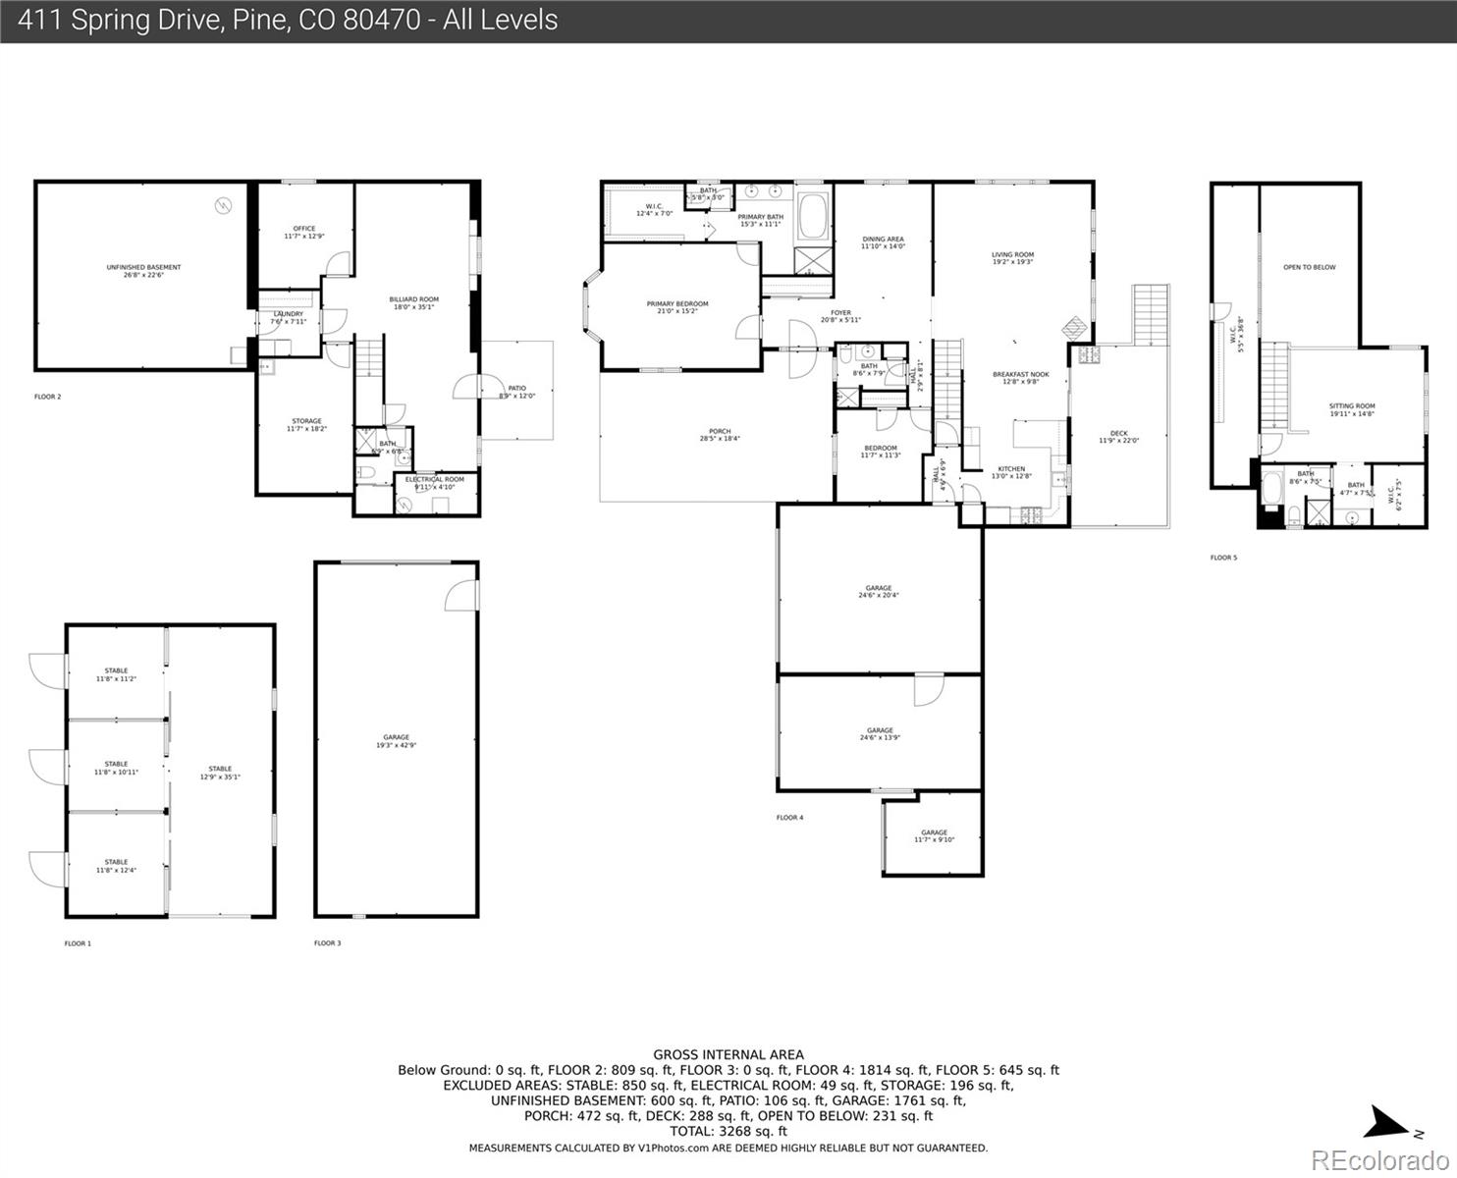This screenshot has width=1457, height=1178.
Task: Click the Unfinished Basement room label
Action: [143, 271]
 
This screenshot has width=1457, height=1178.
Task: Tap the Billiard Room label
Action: [413, 302]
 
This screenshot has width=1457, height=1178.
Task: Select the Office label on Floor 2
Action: [303, 233]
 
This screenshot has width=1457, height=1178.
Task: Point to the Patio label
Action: [516, 392]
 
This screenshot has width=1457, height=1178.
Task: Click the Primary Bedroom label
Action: [676, 307]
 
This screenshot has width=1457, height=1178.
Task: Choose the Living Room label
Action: [1012, 258]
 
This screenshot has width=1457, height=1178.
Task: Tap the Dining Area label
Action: [883, 242]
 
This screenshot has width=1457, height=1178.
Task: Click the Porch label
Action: [720, 435]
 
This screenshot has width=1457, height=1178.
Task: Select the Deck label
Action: [1118, 437]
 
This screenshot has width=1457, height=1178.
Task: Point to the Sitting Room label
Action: [1351, 409]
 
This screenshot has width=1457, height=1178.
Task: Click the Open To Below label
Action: [1309, 267]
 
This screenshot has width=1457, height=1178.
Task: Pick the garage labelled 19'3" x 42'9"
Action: [396, 741]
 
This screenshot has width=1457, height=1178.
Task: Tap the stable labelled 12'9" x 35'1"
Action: [220, 773]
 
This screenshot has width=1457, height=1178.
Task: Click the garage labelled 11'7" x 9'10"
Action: [934, 835]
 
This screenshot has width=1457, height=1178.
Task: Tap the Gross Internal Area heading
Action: [728, 1054]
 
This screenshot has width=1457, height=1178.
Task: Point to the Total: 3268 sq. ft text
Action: [728, 1131]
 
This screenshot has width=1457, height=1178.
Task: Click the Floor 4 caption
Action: [789, 818]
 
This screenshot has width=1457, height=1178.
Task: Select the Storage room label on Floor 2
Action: [306, 424]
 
